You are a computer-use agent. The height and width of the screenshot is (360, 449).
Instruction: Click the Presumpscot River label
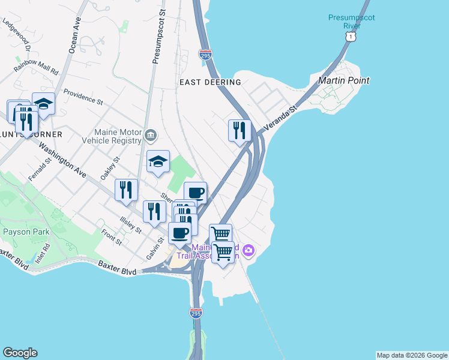click(x=352, y=22)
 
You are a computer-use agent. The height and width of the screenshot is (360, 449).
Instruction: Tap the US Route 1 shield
click(x=349, y=37)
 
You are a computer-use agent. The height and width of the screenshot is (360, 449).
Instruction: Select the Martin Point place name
click(x=343, y=80)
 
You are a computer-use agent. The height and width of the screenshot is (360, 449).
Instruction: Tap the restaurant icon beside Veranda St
click(x=240, y=130)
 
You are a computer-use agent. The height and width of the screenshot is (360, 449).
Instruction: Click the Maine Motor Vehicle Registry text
click(x=118, y=136)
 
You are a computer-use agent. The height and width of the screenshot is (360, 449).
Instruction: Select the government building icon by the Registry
click(x=150, y=136)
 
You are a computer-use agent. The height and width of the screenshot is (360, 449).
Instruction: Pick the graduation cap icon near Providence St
click(x=43, y=103)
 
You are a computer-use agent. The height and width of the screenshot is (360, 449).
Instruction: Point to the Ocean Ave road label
click(x=75, y=35)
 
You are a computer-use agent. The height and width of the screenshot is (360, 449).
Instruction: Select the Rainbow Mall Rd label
click(x=36, y=66)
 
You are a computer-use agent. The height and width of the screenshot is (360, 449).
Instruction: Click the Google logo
click(x=20, y=353)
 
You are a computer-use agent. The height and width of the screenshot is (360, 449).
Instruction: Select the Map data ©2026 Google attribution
click(x=412, y=355)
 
